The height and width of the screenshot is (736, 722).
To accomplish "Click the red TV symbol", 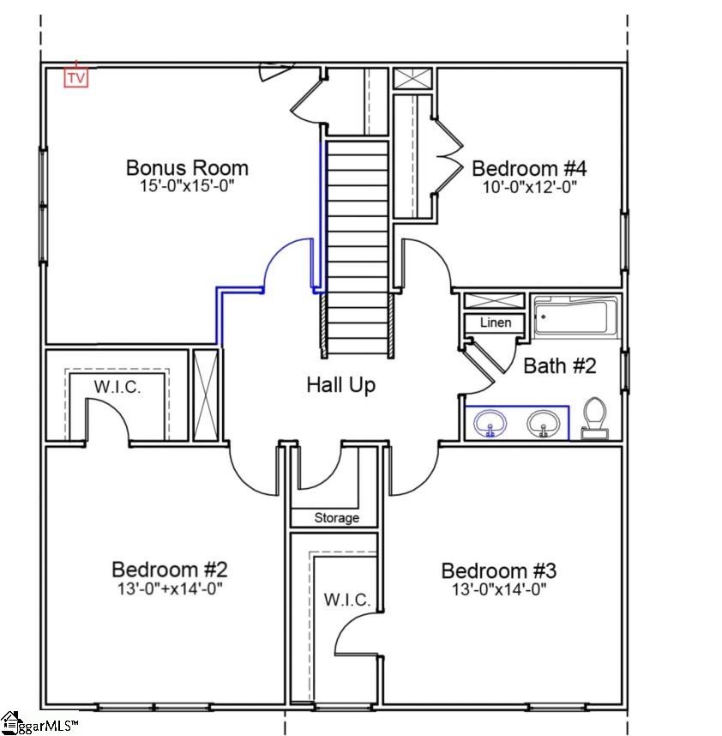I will tap(76, 77).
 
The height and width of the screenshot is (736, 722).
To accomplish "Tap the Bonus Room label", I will tap(187, 167).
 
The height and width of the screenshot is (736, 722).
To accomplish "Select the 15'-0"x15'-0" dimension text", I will tap(187, 186).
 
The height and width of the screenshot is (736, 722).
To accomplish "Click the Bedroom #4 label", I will tap(528, 167).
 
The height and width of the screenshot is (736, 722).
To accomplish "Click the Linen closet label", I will tap(495, 323).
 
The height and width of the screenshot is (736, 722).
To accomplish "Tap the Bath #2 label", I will tap(559, 366).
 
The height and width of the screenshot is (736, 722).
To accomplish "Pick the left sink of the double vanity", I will tap(490, 423).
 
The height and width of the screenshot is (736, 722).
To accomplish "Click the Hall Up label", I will tap(340, 386).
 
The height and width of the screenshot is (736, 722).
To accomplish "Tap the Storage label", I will tap(336, 518).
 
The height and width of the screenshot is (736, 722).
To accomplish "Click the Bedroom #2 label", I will tap(169, 570).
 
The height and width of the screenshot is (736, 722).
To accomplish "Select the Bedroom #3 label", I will tap(498, 570).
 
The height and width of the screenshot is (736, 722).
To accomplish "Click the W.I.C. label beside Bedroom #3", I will tap(347, 600).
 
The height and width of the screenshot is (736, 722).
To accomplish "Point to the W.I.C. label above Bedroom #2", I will tap(117, 387).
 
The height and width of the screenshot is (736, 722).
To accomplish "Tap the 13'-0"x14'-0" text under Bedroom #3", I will tap(498, 589).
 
